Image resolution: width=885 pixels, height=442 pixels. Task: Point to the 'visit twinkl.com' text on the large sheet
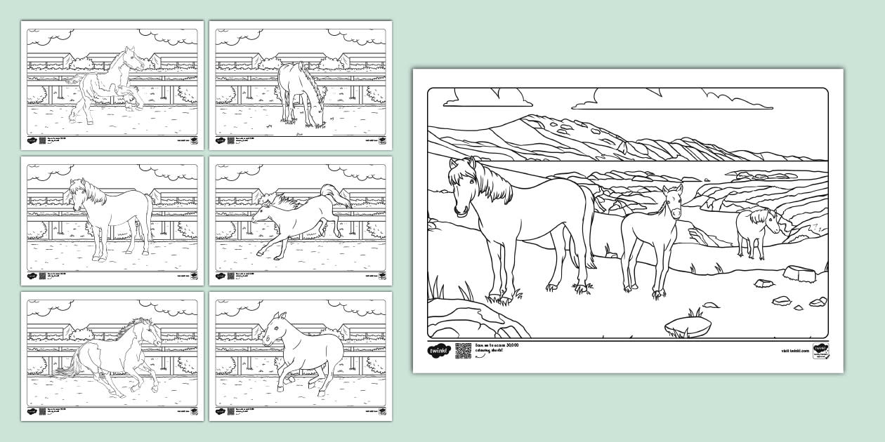[794, 350]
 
